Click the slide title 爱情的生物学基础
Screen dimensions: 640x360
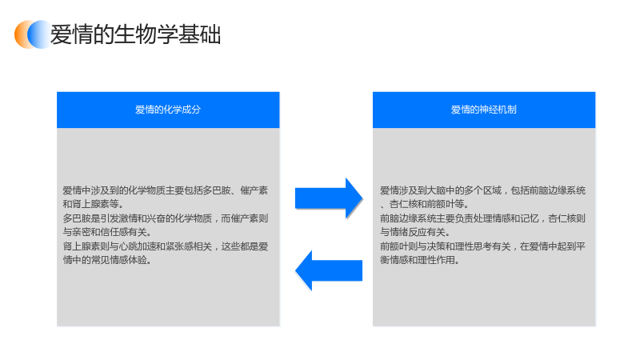coord(135,34)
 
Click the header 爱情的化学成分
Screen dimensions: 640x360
coord(168,110)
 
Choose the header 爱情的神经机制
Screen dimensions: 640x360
coord(484,110)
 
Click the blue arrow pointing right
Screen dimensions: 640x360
coord(329,198)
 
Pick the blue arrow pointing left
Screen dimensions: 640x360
coord(329,270)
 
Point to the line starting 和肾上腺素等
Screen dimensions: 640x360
coord(93,204)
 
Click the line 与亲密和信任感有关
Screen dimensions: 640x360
coord(107,232)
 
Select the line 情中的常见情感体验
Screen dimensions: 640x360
coord(107,260)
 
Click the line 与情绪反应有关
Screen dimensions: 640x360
coord(415,232)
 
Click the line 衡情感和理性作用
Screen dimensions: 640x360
coord(420,260)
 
